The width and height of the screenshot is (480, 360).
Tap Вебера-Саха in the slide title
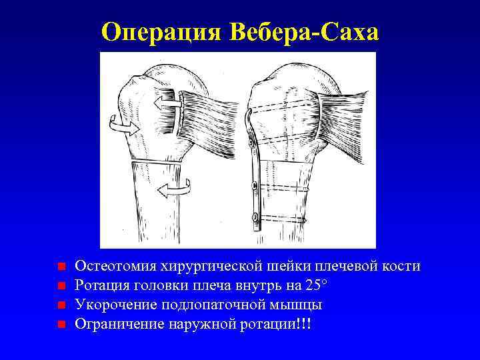(x=304, y=31)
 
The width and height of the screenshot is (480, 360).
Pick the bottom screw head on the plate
(x=254, y=216)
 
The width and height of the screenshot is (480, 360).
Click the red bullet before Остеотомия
(x=61, y=267)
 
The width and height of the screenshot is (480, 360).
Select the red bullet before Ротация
(x=61, y=286)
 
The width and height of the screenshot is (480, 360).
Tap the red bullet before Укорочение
(x=61, y=305)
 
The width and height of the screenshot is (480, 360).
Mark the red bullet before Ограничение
(x=61, y=325)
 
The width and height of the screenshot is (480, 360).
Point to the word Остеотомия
(x=115, y=267)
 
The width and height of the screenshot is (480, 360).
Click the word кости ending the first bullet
(x=401, y=267)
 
